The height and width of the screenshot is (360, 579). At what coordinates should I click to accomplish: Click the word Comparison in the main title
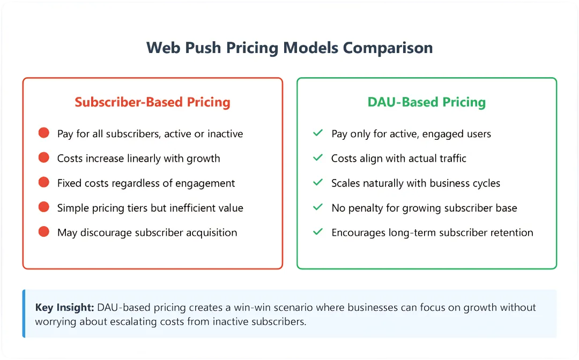[x=388, y=48]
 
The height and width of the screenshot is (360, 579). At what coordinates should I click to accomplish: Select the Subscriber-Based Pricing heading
[x=152, y=102]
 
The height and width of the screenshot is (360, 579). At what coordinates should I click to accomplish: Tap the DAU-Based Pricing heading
[x=427, y=102]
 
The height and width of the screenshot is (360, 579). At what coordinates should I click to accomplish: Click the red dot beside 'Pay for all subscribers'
[x=44, y=133]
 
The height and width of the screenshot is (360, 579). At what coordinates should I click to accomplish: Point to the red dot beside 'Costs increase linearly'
[x=44, y=157]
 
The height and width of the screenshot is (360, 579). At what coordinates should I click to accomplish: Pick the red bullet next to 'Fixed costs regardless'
[x=44, y=182]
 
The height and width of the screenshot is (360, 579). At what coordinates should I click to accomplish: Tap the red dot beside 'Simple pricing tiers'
[x=44, y=207]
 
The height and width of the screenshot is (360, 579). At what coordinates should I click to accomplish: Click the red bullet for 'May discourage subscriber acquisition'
[x=44, y=231]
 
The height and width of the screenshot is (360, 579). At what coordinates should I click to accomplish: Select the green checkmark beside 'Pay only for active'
[x=318, y=133]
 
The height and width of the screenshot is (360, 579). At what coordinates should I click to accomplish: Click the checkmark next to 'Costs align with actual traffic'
[x=318, y=157]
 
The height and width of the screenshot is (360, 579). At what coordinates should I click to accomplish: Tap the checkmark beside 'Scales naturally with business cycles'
[x=318, y=182]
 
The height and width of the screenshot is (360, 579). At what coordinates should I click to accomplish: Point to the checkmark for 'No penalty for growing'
[x=318, y=207]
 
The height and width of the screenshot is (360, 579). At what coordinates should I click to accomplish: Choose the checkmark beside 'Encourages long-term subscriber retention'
[x=318, y=231]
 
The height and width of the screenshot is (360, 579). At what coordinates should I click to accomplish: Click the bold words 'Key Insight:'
[x=65, y=307]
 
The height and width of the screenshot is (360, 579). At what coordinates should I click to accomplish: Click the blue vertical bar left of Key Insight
[x=24, y=313]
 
